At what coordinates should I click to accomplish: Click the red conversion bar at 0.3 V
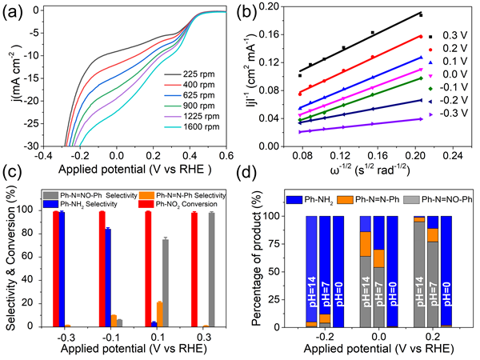194,270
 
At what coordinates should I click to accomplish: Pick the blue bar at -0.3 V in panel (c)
62,270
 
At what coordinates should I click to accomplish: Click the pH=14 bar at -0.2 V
310,272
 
